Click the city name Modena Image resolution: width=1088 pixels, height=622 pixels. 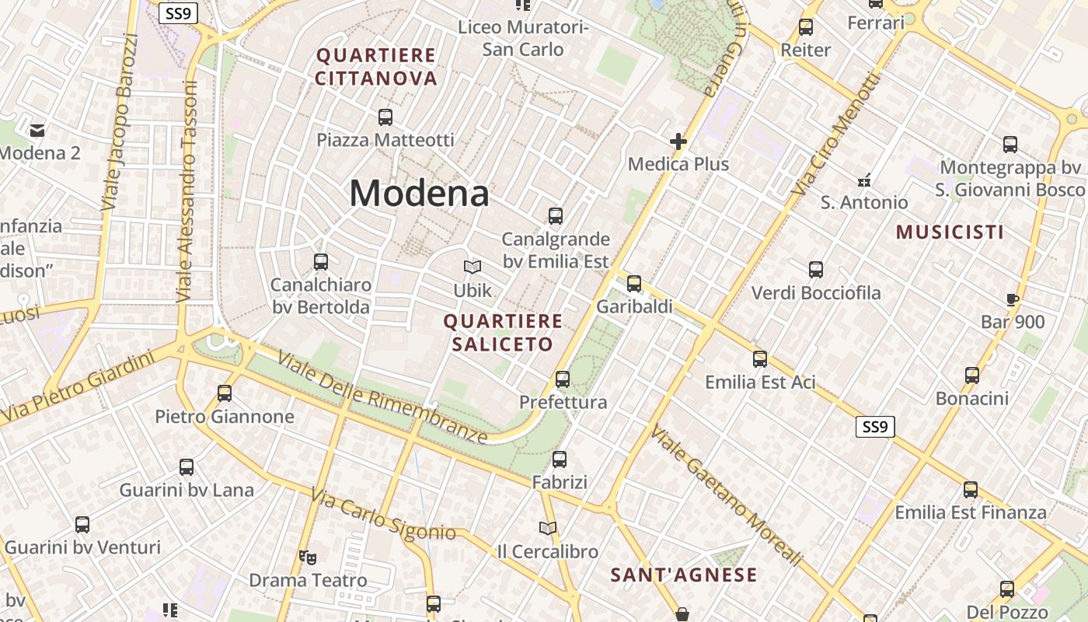[419, 194]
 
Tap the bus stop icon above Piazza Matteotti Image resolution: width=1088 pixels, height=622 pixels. [385, 117]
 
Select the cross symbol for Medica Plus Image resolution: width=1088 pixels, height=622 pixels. [678, 142]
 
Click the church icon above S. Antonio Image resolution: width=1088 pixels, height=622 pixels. [863, 180]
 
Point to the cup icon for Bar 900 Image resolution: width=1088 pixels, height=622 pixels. [1012, 299]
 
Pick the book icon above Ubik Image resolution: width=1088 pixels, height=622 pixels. [473, 267]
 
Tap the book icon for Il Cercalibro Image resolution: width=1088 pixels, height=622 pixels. [548, 529]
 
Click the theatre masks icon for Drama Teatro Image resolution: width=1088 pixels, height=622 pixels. [308, 557]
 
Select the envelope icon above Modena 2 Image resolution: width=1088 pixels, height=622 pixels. [37, 130]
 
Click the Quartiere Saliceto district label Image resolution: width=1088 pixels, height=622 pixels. [503, 333]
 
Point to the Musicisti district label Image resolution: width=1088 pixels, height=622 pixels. [950, 232]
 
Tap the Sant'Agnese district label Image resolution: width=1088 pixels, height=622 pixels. [683, 575]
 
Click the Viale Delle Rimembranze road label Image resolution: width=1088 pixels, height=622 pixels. [382, 397]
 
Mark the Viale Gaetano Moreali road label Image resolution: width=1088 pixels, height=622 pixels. [726, 494]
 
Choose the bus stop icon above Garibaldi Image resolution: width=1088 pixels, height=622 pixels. [634, 284]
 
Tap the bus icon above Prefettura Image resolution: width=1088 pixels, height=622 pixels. [563, 379]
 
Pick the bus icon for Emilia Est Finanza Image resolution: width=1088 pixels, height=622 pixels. [971, 490]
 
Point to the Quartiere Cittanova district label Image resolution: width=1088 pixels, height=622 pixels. [376, 67]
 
